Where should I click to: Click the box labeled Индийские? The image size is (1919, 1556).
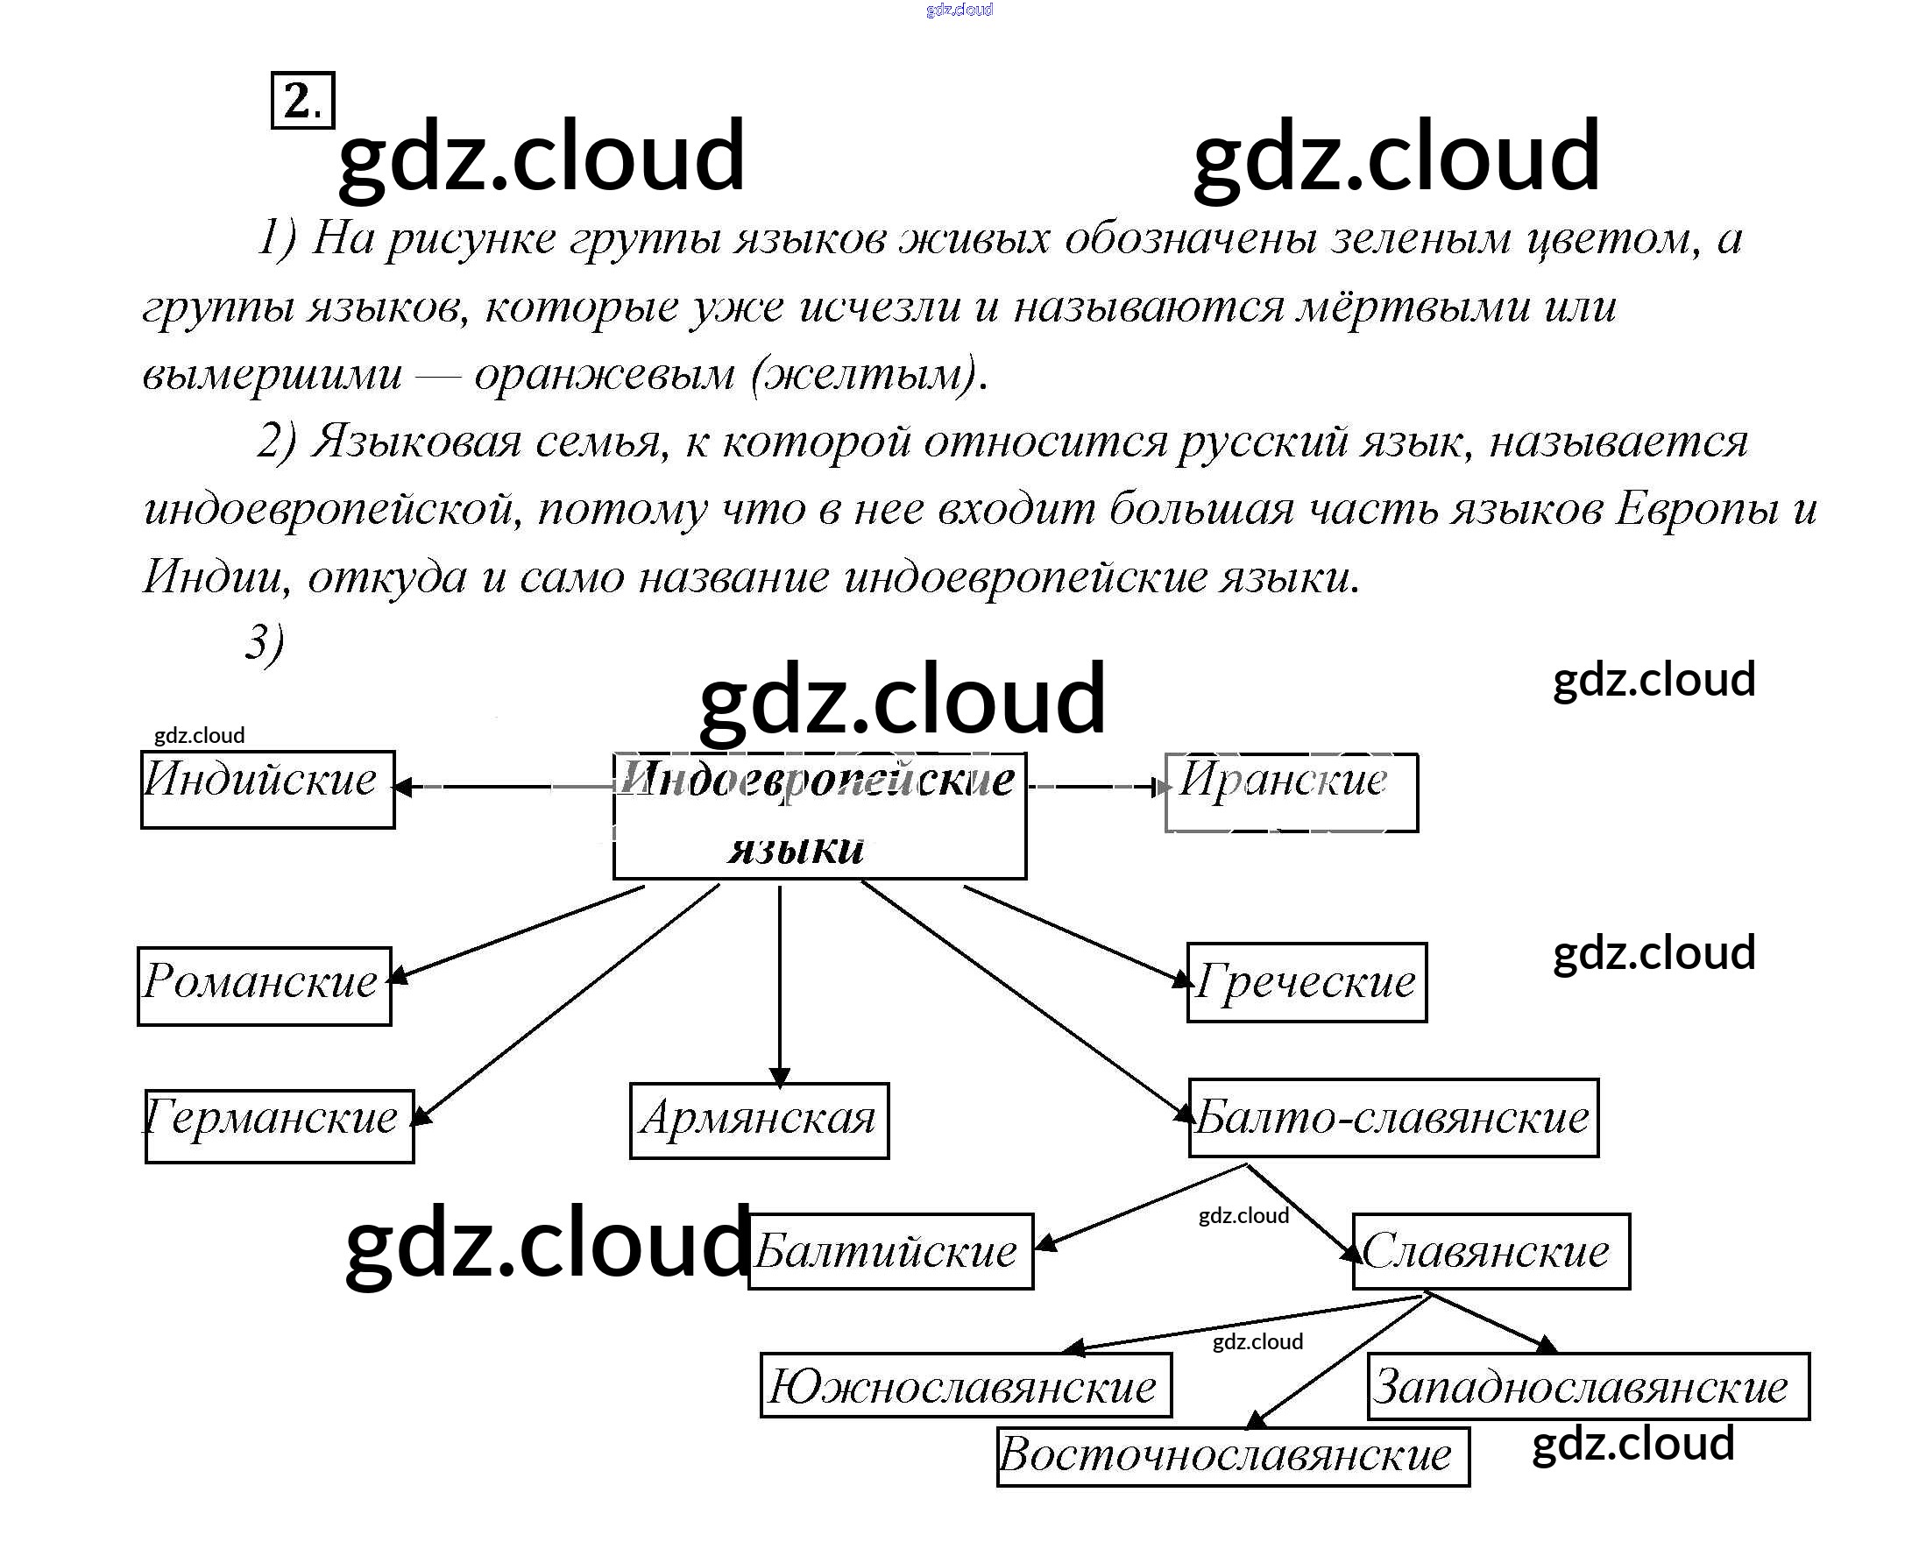267,789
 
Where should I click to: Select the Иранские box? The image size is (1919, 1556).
1291,792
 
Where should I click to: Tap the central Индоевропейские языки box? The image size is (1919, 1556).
819,816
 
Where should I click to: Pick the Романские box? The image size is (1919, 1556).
265,986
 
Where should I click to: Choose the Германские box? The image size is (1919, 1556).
279,1126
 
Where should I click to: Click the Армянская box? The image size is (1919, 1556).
759,1121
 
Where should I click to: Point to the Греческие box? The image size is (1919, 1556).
1306,982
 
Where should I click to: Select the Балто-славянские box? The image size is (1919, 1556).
1394,1118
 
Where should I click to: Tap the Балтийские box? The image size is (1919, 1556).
891,1251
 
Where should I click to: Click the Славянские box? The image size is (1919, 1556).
1491,1251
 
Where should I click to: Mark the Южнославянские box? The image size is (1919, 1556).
966,1386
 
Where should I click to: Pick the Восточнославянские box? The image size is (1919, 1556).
1232,1455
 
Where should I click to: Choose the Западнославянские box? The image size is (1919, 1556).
1589,1387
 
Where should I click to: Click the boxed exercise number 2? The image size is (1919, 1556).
302,101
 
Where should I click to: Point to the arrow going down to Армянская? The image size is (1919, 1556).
779,986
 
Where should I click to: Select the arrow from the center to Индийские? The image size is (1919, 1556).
502,787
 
